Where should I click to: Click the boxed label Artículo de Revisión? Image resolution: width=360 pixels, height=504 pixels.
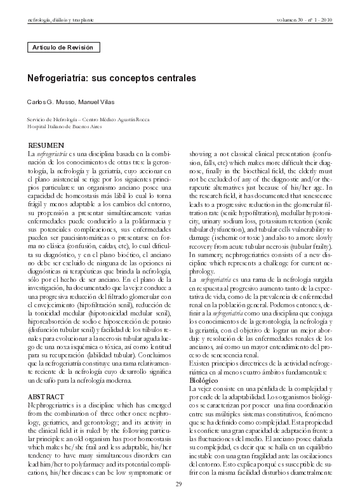pyautogui.click(x=63, y=48)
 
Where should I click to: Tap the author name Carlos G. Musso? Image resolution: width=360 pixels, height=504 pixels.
pyautogui.click(x=48, y=102)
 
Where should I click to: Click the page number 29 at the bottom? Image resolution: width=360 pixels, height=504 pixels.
pyautogui.click(x=180, y=486)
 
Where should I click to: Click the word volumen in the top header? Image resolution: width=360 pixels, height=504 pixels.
pyautogui.click(x=288, y=20)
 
